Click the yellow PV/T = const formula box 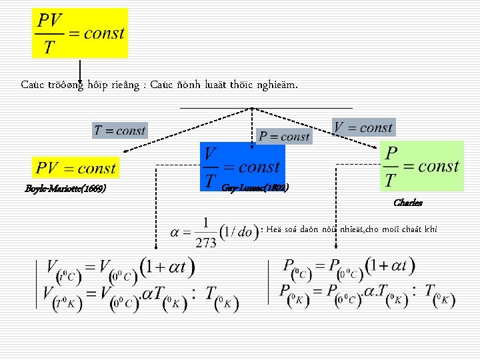(80, 33)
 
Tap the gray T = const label (119, 130)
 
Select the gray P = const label (284, 137)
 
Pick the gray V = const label (363, 127)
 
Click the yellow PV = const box (76, 168)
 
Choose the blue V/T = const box (242, 167)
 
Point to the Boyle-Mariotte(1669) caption (66, 189)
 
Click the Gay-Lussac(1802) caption (255, 189)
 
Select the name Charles (408, 203)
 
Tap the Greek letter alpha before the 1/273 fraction (176, 233)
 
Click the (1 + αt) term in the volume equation (167, 268)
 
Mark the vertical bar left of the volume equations (37, 284)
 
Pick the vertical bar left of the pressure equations (269, 283)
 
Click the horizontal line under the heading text (267, 107)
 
